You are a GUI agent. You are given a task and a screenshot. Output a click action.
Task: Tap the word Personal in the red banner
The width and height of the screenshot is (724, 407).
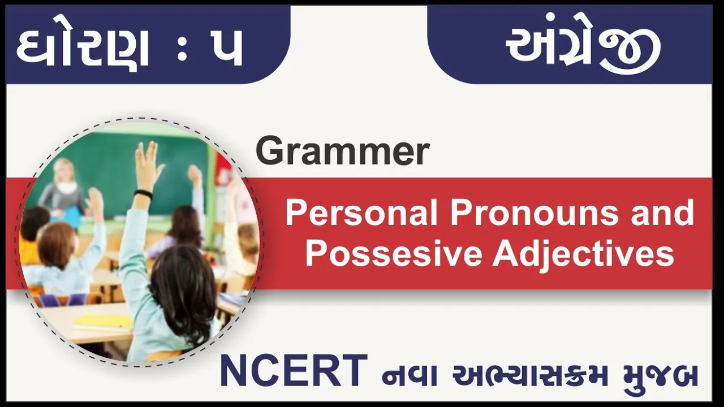point(361,213)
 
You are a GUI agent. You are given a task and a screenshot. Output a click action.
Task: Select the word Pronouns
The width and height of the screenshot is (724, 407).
point(533,213)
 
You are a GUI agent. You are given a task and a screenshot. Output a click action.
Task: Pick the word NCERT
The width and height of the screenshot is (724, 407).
point(294,370)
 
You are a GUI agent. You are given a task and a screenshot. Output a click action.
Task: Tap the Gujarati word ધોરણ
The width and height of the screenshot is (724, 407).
point(82,48)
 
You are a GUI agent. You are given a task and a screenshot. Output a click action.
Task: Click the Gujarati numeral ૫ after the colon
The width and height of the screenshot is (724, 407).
point(226,49)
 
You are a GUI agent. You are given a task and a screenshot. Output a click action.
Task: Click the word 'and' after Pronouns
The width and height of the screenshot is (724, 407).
point(662,213)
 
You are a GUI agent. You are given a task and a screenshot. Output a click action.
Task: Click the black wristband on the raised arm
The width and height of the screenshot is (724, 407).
point(143,194)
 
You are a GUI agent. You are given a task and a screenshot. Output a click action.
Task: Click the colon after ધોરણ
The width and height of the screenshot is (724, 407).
point(182,49)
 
